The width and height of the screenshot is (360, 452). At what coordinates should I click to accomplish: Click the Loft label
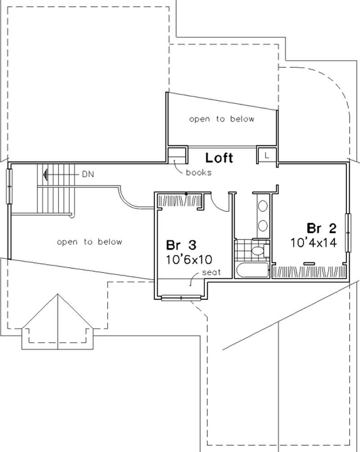point(219,158)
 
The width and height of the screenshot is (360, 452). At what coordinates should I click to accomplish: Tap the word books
point(198,173)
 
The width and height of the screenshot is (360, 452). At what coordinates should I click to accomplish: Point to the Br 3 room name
point(181,246)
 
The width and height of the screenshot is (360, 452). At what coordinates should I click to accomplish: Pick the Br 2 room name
point(321,228)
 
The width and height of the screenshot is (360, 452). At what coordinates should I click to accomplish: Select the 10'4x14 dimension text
point(314,242)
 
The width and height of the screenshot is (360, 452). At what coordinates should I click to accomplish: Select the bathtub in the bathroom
point(252,270)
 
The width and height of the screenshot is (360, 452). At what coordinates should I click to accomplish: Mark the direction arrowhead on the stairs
point(45,173)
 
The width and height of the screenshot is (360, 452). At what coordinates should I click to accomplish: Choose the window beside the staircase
point(9,186)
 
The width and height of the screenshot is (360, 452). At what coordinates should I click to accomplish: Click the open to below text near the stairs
point(90,242)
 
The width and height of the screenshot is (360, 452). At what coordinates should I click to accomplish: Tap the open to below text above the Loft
point(221,119)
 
